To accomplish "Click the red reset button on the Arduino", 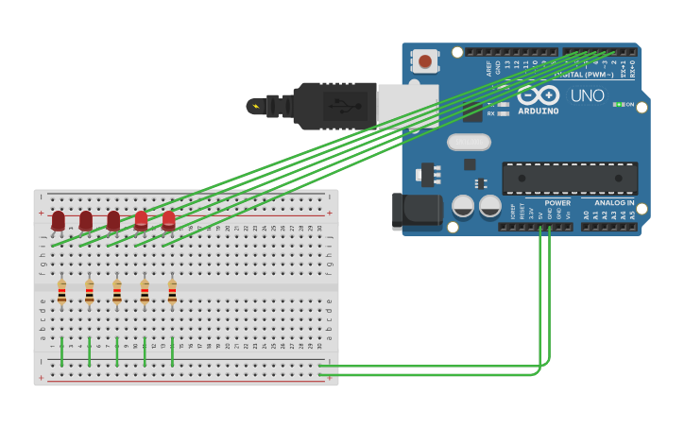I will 425,62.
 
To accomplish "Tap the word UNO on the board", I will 587,95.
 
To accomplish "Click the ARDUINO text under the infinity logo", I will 538,111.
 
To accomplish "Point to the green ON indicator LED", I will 618,104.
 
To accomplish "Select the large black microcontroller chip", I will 569,178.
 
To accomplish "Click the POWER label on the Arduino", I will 557,202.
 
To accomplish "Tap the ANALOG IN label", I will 614,202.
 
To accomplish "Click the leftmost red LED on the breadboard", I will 59,221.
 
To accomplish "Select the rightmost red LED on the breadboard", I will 169,221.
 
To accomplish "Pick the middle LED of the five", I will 113,221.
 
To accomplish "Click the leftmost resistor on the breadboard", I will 61,293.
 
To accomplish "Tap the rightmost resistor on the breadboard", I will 172,293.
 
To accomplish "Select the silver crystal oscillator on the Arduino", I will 469,142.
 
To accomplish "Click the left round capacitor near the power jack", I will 463,206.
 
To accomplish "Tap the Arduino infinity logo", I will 538,95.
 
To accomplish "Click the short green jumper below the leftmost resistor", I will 61,351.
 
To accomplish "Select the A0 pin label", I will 586,215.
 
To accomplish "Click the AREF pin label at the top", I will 488,67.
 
